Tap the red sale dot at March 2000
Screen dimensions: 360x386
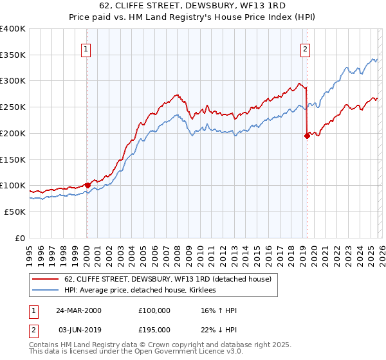tap(87, 185)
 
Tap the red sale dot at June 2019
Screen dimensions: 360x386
tap(306, 136)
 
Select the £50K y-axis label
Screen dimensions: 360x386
tap(15, 212)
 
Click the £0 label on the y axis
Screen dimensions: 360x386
tap(20, 238)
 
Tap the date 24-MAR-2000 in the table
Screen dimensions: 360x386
tap(78, 310)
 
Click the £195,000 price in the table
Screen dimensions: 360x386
tap(154, 329)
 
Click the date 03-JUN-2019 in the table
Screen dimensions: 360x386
tap(78, 329)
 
